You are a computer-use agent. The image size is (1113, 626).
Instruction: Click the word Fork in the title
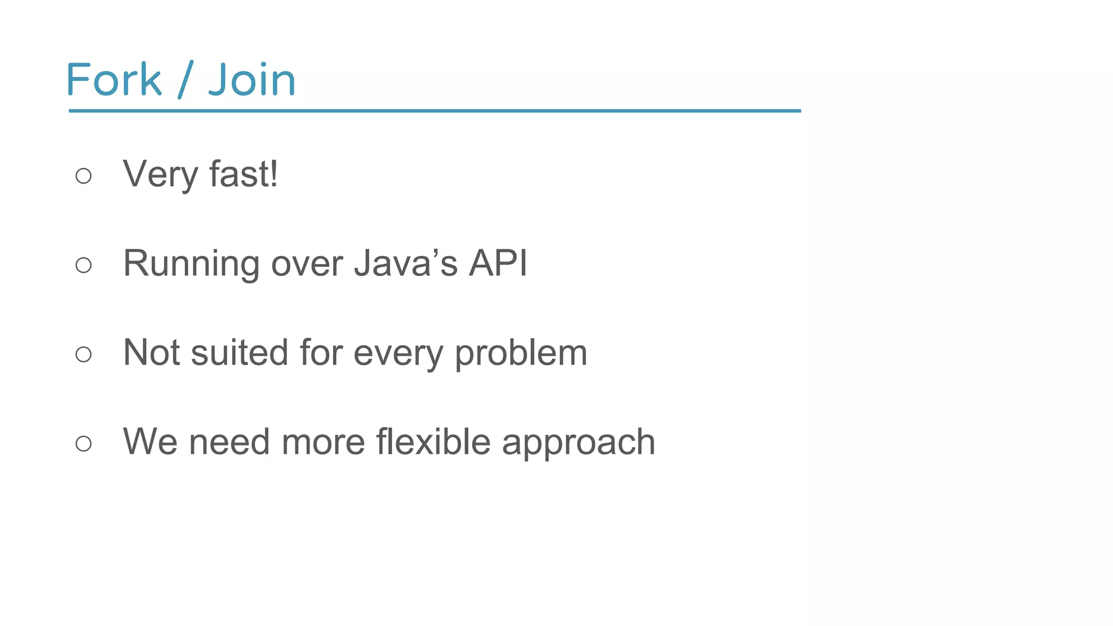(x=114, y=80)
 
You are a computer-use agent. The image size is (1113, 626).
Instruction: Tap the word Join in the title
(x=252, y=80)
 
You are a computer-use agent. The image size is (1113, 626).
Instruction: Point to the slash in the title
(x=185, y=80)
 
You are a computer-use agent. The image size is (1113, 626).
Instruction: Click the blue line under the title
(x=435, y=111)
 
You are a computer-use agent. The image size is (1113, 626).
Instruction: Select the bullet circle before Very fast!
(x=84, y=176)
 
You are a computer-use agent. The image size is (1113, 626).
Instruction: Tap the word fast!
(x=243, y=174)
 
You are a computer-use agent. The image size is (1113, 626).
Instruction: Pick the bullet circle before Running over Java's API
(x=84, y=265)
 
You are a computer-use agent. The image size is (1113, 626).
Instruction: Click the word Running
(x=191, y=264)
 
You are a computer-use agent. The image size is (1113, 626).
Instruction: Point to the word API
(x=498, y=263)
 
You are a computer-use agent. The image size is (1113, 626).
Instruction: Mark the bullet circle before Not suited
(x=84, y=354)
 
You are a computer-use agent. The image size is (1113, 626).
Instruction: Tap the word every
(x=398, y=354)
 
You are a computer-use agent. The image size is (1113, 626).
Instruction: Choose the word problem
(x=521, y=354)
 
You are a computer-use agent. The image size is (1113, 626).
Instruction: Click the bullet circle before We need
(x=84, y=443)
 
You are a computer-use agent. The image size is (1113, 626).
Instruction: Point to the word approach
(x=578, y=443)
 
